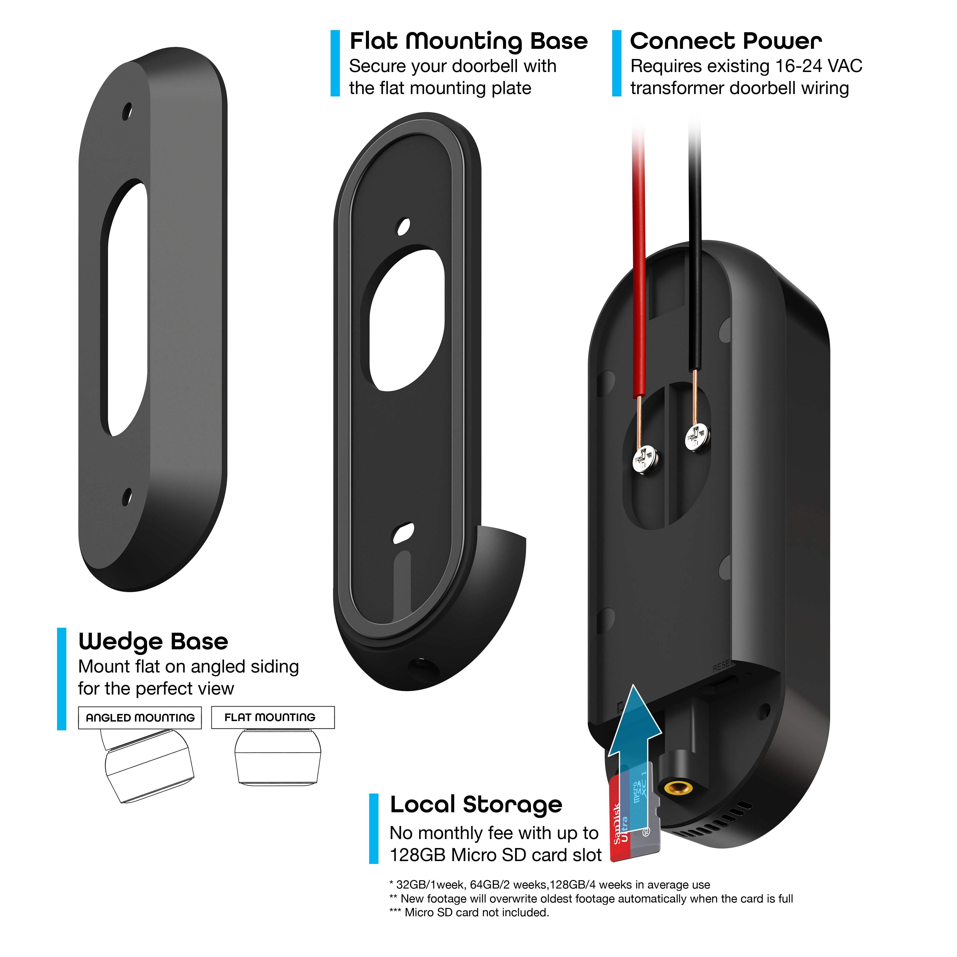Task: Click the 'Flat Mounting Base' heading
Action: [468, 41]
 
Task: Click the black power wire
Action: [695, 248]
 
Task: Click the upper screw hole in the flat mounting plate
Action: [404, 227]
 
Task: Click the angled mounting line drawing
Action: [146, 765]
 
